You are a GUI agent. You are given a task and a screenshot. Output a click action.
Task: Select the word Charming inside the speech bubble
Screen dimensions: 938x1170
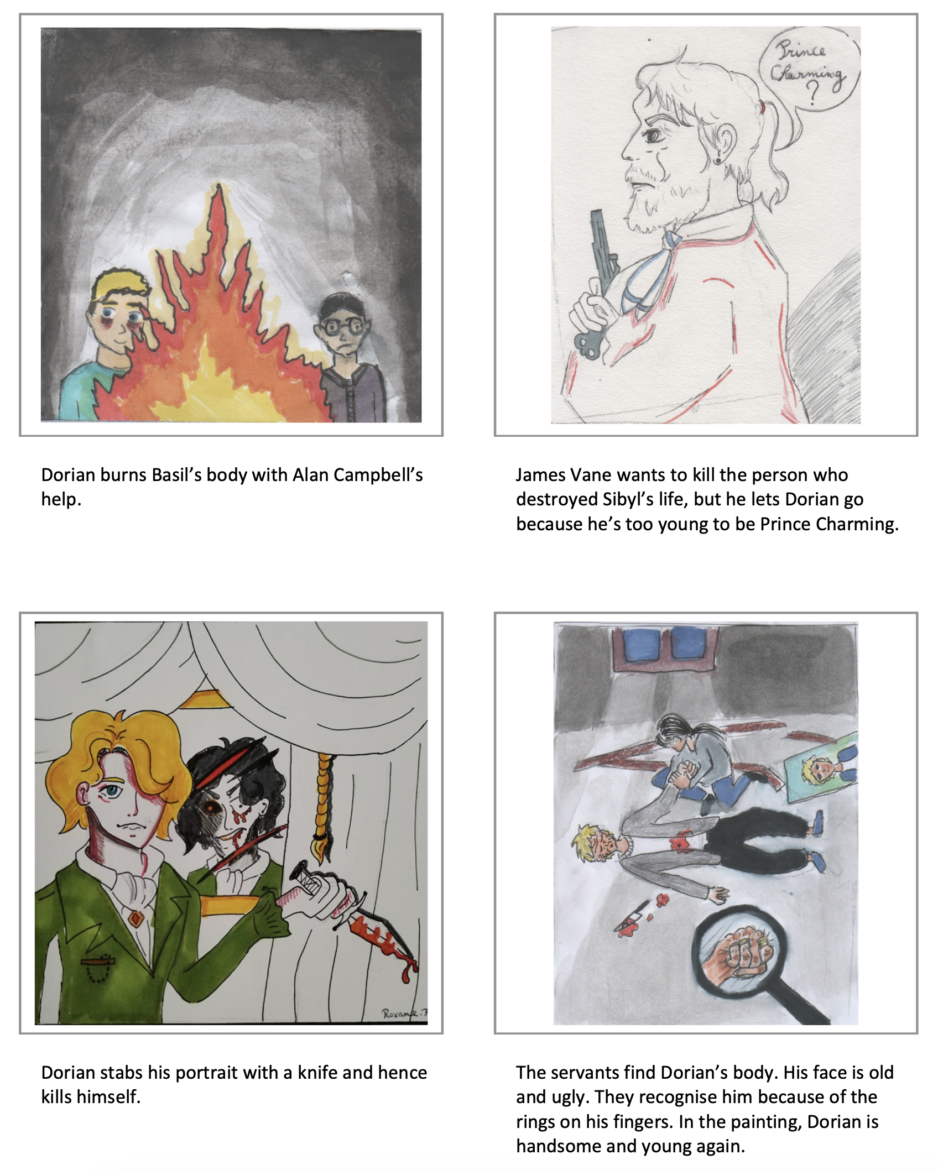click(808, 72)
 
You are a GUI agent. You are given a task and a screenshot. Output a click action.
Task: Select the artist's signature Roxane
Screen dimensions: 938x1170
click(404, 1013)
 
